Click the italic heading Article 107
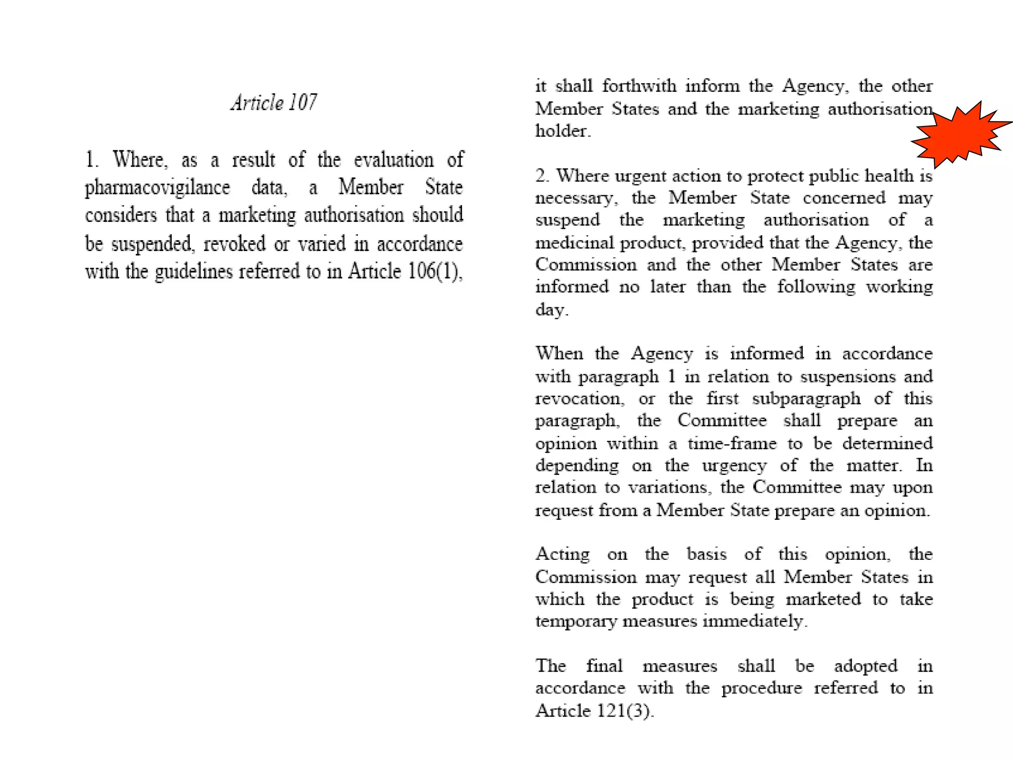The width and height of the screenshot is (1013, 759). pyautogui.click(x=274, y=103)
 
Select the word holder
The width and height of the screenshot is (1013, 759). pyautogui.click(x=562, y=131)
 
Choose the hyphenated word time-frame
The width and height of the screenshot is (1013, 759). pyautogui.click(x=732, y=443)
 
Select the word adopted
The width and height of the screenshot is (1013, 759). pyautogui.click(x=866, y=666)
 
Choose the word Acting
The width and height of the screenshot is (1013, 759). pyautogui.click(x=562, y=554)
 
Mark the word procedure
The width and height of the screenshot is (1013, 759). pyautogui.click(x=761, y=688)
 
